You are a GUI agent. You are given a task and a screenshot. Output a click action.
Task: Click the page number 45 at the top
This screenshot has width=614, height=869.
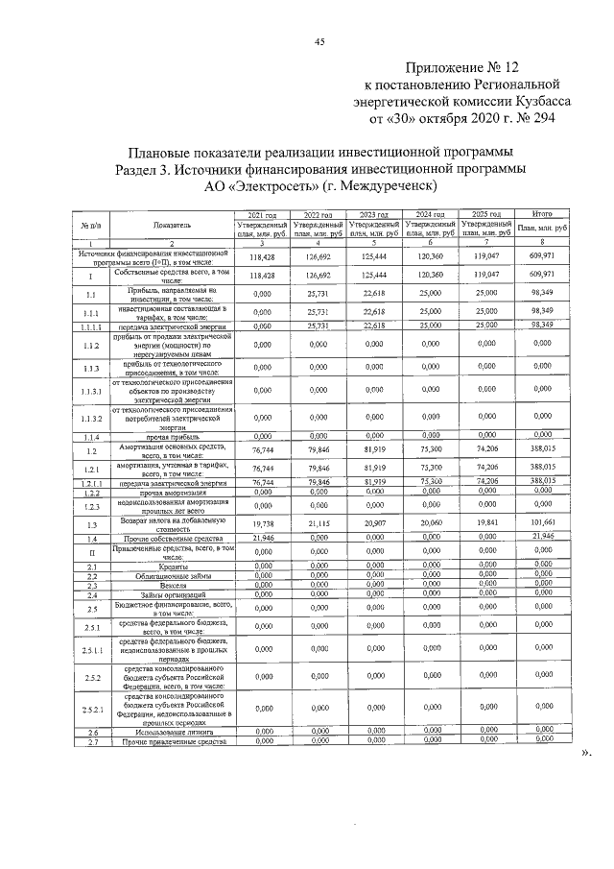[319, 40]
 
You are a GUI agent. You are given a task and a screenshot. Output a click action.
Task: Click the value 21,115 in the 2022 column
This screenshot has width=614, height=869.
[318, 524]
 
